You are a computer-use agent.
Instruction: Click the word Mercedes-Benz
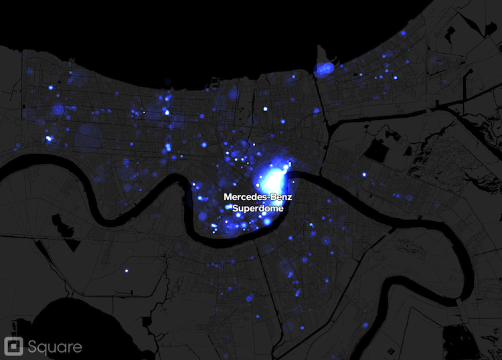(258, 197)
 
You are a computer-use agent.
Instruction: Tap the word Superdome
(258, 208)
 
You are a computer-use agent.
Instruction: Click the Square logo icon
(13, 346)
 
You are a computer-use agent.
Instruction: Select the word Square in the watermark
(55, 347)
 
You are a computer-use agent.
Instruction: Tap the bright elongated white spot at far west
(49, 139)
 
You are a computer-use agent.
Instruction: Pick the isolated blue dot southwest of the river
(126, 270)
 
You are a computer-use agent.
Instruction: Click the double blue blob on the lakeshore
(325, 69)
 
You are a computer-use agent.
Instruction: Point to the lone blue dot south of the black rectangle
(365, 175)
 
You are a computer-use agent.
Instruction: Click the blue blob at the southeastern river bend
(365, 325)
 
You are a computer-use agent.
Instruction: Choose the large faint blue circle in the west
(88, 137)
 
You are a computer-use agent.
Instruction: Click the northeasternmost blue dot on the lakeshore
(404, 33)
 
